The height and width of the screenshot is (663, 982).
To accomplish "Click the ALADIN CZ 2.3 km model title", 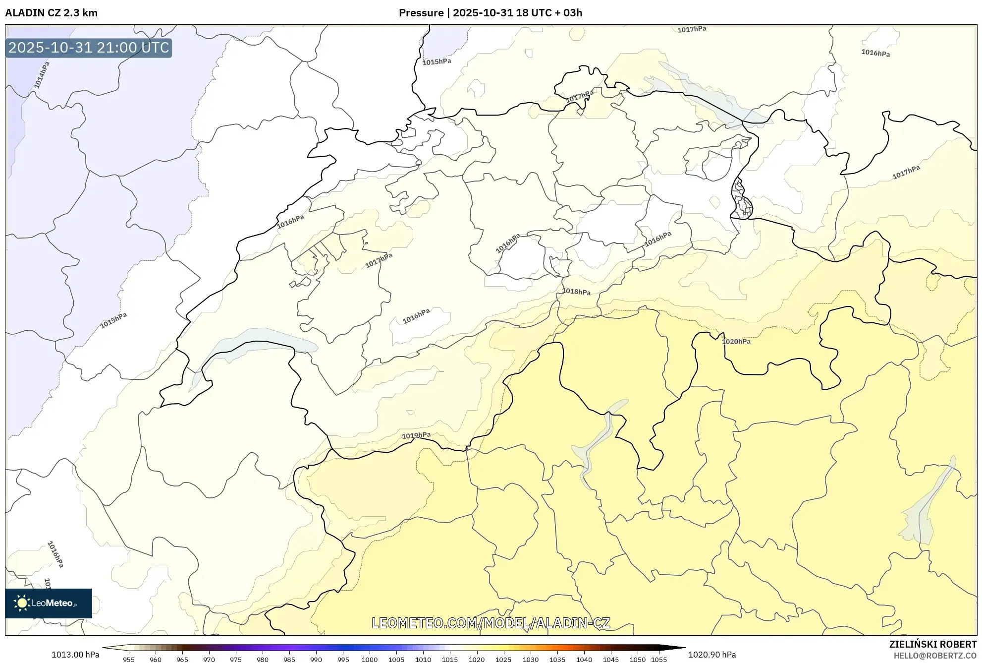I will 51,13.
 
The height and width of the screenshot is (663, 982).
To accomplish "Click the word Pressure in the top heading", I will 421,13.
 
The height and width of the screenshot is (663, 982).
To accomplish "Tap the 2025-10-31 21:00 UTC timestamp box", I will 89,48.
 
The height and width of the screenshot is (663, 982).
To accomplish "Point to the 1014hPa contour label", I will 42,75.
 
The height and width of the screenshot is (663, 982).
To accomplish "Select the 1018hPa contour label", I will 576,292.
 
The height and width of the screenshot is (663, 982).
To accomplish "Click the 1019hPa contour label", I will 416,435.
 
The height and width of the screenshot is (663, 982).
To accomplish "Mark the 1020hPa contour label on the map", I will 736,341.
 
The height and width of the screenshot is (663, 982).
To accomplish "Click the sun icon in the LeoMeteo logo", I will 22,603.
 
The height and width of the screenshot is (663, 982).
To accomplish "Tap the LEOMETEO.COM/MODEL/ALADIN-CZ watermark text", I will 491,623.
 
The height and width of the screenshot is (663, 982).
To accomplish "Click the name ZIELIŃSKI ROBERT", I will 933,644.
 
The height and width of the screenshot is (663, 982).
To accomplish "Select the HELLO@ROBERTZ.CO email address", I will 935,656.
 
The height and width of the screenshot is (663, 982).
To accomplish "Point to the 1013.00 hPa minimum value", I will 75,655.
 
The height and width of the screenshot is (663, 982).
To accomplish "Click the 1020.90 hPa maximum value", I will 712,655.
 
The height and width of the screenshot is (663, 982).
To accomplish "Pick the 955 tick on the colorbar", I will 129,660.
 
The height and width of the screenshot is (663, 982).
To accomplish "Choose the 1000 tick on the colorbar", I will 370,660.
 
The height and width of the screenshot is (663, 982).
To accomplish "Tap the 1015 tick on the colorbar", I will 450,660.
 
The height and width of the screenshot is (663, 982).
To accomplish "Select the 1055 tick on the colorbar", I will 659,660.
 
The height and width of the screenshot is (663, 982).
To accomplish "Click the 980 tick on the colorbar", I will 263,660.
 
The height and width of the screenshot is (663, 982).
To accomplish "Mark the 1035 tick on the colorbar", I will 557,660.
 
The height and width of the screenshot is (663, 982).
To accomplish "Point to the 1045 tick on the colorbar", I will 611,660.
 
